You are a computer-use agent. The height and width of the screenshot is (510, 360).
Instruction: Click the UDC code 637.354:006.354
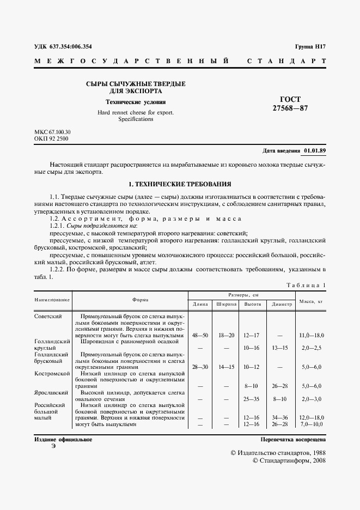(x=71, y=46)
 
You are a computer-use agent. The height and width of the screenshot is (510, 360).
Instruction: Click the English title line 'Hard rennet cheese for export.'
(x=136, y=112)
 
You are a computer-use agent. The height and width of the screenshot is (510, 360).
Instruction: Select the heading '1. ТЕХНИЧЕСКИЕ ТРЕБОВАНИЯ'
(x=180, y=184)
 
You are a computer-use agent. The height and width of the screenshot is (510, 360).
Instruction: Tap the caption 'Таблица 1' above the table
(x=306, y=285)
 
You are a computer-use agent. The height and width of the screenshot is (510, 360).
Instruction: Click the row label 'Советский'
(x=48, y=316)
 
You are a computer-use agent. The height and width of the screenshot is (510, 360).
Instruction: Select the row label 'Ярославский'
(x=51, y=392)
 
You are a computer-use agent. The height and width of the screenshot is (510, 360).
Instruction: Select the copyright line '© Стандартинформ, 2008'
(x=289, y=461)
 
